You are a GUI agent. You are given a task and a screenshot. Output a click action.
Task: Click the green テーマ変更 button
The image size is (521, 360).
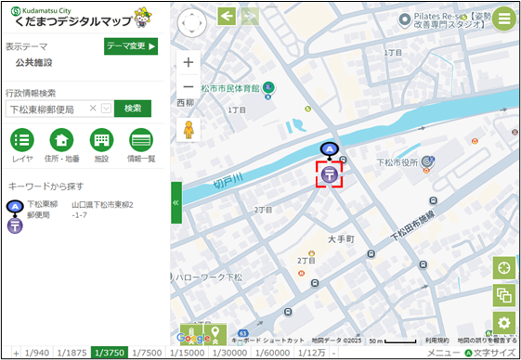point(131,45)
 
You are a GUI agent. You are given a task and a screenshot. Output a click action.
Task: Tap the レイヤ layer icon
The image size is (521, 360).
point(23,141)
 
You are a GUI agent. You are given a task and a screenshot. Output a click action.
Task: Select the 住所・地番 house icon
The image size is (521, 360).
point(62,141)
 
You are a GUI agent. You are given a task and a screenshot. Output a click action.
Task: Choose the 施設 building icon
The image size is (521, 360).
point(101,141)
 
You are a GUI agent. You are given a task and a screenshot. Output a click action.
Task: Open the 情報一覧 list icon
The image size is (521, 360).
point(140,141)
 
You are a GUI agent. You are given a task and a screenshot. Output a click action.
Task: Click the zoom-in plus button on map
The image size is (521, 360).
point(189,62)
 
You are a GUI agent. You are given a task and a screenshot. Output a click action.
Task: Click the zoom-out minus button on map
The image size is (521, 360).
point(189,87)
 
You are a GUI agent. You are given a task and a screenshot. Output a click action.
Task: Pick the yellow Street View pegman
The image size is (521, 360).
point(189,130)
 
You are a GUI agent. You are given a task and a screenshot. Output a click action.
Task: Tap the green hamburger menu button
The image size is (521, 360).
point(504,19)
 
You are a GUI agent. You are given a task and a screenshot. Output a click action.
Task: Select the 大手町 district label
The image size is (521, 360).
point(341,239)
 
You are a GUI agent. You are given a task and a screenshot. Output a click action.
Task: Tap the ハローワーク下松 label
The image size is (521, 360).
point(209,277)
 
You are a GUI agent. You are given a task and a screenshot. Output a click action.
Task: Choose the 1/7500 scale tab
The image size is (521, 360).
point(147,353)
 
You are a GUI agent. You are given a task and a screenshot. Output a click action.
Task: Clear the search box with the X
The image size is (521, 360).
point(93,109)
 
